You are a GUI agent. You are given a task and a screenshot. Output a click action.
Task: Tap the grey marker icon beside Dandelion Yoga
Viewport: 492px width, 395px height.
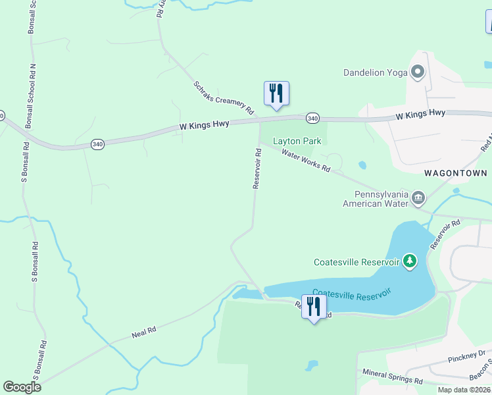coord(417,72)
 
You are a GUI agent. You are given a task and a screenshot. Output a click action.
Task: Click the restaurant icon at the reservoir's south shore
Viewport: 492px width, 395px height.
coord(313,306)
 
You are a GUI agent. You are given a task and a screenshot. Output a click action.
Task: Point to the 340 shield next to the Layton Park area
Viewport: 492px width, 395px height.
coord(312,118)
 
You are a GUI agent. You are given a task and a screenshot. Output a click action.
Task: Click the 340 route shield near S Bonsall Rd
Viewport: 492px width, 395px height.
coord(97,144)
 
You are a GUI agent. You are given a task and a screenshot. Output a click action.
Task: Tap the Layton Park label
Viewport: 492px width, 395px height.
coord(297,141)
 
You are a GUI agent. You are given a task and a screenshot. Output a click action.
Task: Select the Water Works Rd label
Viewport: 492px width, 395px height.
coord(306,161)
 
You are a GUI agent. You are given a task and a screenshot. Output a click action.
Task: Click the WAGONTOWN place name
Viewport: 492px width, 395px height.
coord(455,173)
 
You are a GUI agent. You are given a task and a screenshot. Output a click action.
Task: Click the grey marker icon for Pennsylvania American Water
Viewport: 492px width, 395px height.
coord(417,197)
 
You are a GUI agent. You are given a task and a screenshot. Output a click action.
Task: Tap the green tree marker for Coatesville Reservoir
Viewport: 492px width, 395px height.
coord(410,261)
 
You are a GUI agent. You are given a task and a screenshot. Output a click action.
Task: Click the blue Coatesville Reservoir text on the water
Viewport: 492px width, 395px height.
coord(352,293)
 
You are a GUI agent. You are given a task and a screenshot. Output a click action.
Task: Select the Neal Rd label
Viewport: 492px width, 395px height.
coord(143,332)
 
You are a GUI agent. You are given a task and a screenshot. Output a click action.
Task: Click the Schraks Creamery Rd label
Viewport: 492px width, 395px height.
coord(224,98)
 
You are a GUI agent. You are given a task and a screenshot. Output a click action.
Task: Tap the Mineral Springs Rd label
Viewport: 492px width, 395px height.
coord(393,377)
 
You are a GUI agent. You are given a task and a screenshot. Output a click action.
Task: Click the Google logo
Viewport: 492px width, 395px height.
coord(22,387)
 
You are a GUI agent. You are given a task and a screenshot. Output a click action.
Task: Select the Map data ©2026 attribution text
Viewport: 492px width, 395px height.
coord(464,390)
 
